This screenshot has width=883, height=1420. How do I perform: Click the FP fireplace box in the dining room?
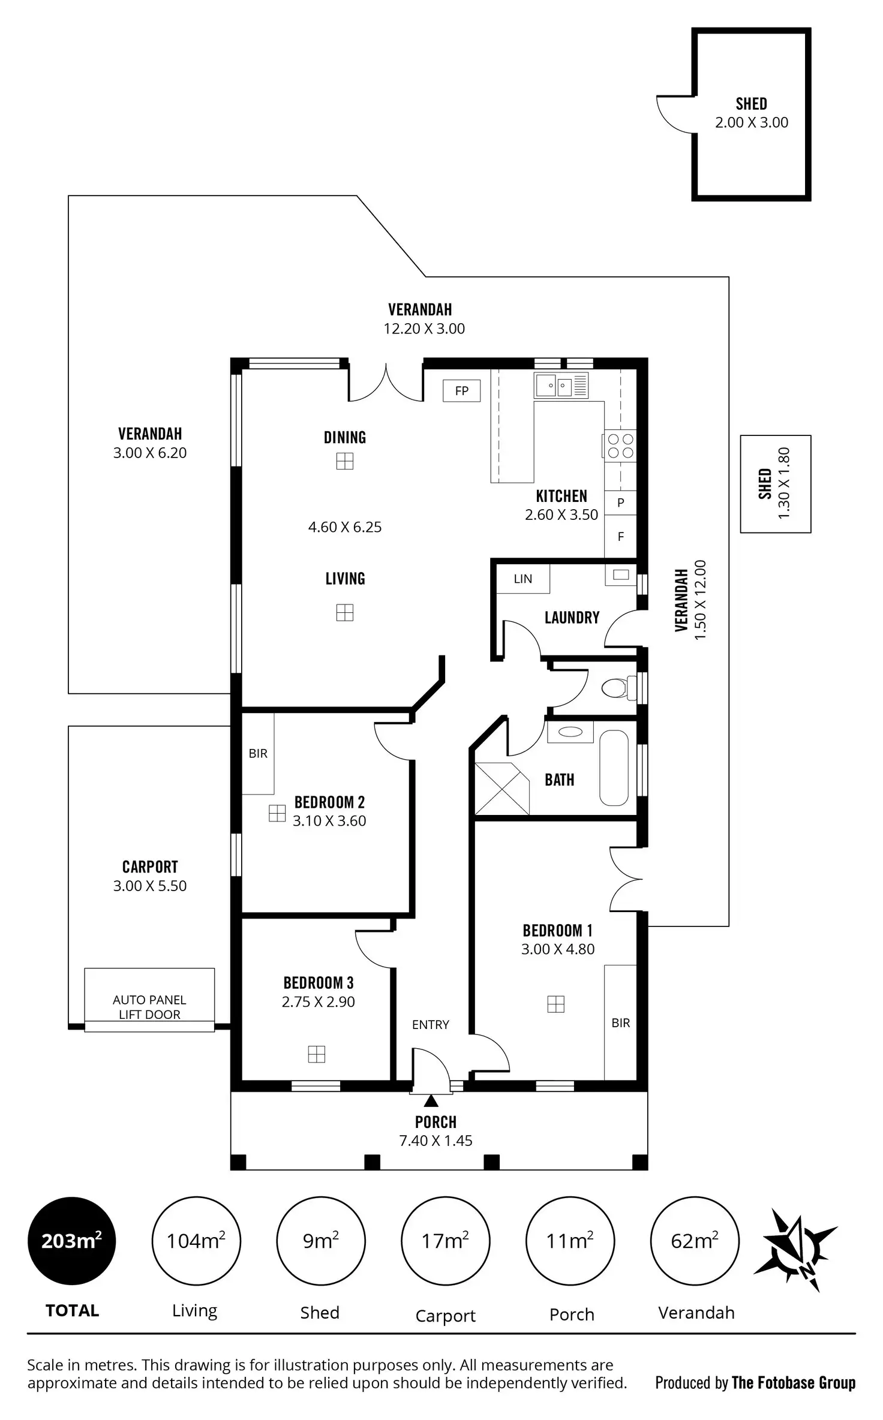coord(461,391)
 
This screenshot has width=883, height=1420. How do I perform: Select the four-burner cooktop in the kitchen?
coord(620,446)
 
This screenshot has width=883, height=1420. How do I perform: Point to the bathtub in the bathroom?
coord(614,768)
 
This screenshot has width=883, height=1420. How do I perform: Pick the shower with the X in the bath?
coord(501,789)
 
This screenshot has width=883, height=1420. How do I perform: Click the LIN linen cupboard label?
coord(522,579)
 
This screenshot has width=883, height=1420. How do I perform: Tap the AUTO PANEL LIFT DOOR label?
coord(149,1007)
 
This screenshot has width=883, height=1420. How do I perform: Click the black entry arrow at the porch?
coord(431,1100)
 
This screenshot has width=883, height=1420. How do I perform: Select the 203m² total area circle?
coord(72,1241)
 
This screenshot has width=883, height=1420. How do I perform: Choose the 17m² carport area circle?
coord(445,1241)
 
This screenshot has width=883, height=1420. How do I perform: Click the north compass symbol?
coord(795,1250)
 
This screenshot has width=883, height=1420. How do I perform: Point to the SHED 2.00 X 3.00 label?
coord(751,113)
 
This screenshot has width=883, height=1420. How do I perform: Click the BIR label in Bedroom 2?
coord(258,753)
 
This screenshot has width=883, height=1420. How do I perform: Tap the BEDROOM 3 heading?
coord(319,983)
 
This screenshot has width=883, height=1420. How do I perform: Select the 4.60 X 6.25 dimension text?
coord(345,527)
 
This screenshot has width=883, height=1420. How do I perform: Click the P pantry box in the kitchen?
coord(620,503)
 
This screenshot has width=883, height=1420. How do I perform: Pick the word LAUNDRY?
coord(572,618)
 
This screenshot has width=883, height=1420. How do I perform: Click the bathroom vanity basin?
coord(570,732)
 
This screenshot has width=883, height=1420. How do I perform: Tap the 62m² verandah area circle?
coord(695,1241)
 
